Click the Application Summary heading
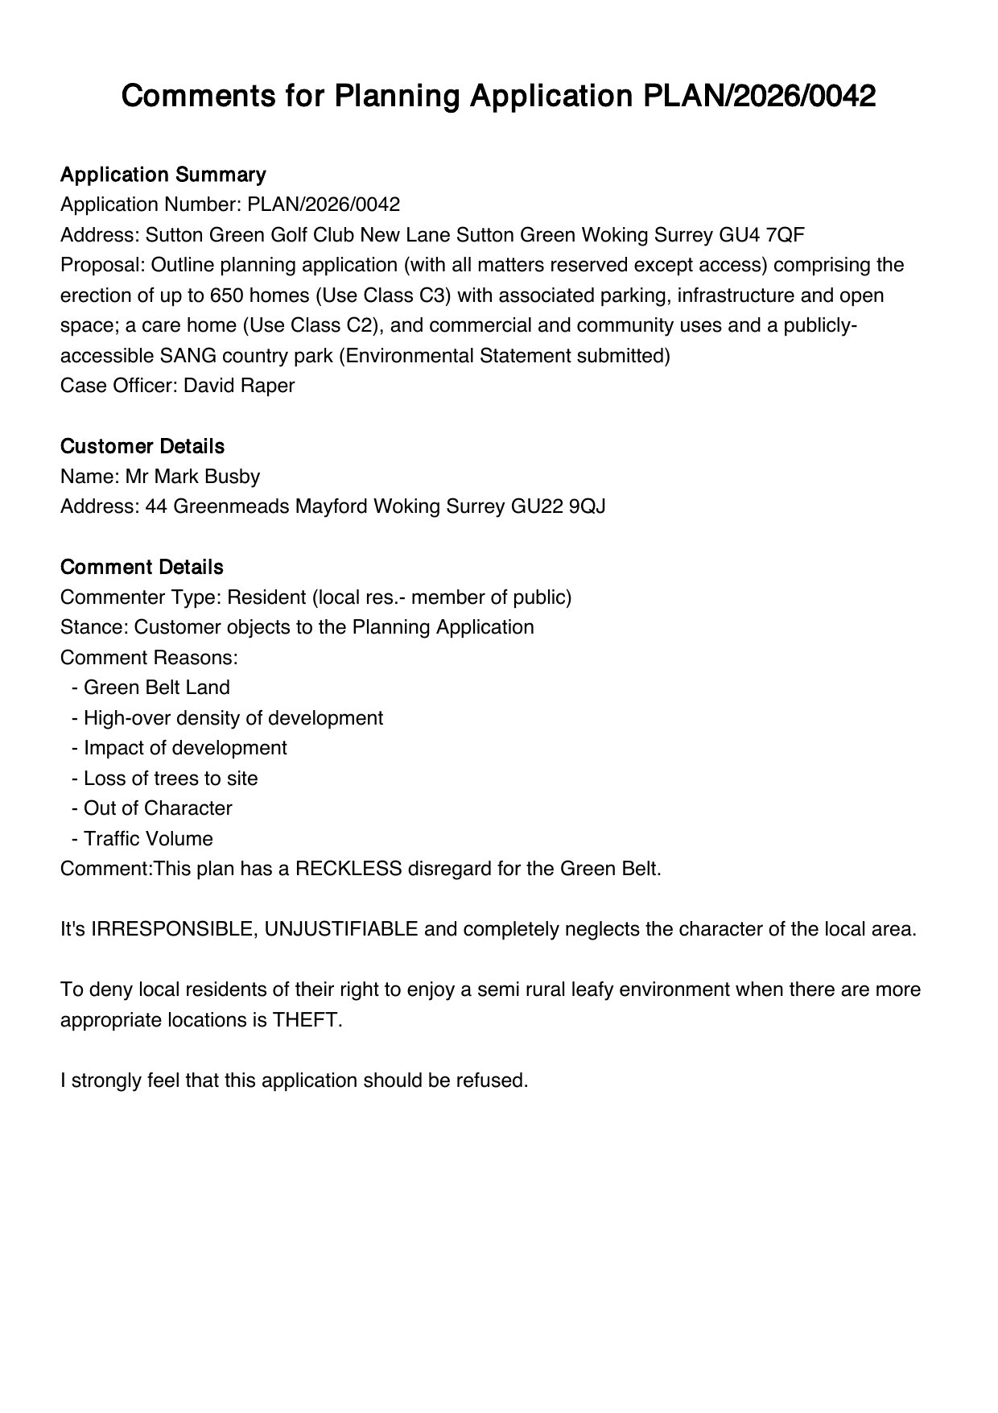click(x=163, y=175)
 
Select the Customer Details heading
click(x=142, y=446)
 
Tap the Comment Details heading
click(x=142, y=567)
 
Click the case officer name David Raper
click(x=239, y=386)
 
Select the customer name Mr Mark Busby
click(x=192, y=477)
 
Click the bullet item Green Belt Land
click(x=157, y=688)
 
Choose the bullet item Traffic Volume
click(x=148, y=839)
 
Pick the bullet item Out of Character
click(x=158, y=808)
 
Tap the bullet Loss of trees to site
click(x=171, y=779)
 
